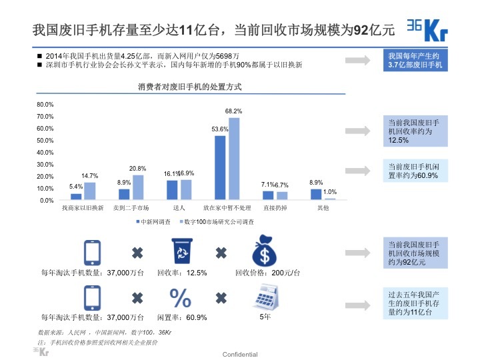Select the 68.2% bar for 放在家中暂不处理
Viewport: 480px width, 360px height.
pyautogui.click(x=234, y=159)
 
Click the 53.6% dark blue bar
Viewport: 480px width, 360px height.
pyautogui.click(x=220, y=167)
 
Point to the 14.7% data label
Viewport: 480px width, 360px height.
pyautogui.click(x=90, y=175)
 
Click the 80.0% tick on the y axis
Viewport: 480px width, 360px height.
pyautogui.click(x=45, y=105)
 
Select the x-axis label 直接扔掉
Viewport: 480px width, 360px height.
pyautogui.click(x=274, y=209)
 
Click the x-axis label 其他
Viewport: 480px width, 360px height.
pyautogui.click(x=323, y=209)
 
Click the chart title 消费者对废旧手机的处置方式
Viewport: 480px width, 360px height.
pyautogui.click(x=189, y=87)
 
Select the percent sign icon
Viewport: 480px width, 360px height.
pyautogui.click(x=181, y=297)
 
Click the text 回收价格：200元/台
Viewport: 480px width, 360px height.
pyautogui.click(x=267, y=273)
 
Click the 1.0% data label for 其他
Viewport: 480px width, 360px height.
pyautogui.click(x=329, y=192)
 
